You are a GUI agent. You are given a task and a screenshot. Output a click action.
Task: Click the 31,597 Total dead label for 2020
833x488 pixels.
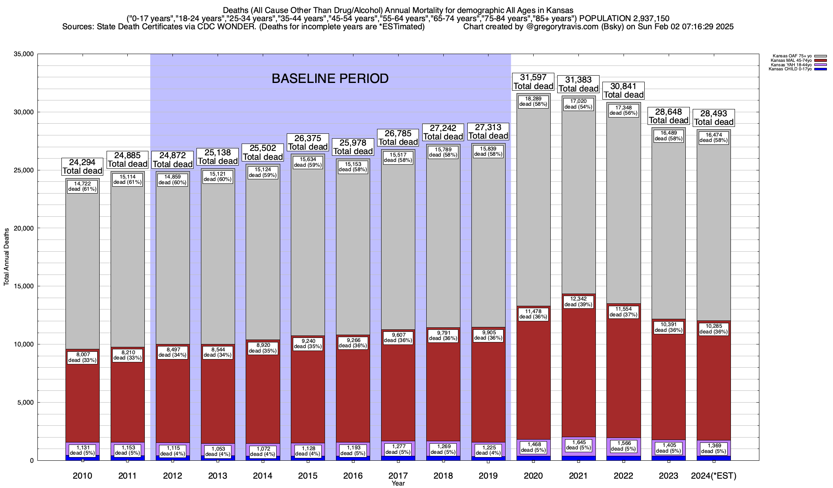coord(533,82)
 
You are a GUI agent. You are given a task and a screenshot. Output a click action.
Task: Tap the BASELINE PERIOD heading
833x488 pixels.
coord(330,78)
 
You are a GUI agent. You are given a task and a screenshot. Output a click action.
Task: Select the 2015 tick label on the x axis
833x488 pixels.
coord(308,476)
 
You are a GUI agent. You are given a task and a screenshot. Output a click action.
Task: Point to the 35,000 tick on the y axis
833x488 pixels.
coord(23,54)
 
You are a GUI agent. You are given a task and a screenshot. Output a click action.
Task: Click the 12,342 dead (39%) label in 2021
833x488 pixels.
coord(578,302)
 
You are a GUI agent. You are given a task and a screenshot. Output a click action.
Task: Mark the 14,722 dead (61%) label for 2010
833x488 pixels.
coord(83,186)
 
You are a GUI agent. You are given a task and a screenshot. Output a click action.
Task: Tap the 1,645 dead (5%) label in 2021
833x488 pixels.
coord(578,445)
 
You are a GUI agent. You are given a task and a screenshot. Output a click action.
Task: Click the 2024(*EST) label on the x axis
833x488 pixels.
coord(714,476)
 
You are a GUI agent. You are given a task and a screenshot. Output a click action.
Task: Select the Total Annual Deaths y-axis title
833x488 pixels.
coord(7,257)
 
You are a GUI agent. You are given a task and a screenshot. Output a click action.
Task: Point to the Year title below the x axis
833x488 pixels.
coord(398,484)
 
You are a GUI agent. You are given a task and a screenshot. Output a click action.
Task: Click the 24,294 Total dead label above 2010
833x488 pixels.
coord(83,167)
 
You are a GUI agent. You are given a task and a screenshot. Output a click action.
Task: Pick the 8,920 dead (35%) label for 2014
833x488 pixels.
coord(263,348)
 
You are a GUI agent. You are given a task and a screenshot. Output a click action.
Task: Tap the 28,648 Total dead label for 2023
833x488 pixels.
coord(669,116)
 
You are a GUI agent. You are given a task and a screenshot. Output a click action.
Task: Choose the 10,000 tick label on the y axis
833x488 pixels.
coord(23,344)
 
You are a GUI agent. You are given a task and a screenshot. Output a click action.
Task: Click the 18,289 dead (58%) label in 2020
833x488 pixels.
coord(533,101)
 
